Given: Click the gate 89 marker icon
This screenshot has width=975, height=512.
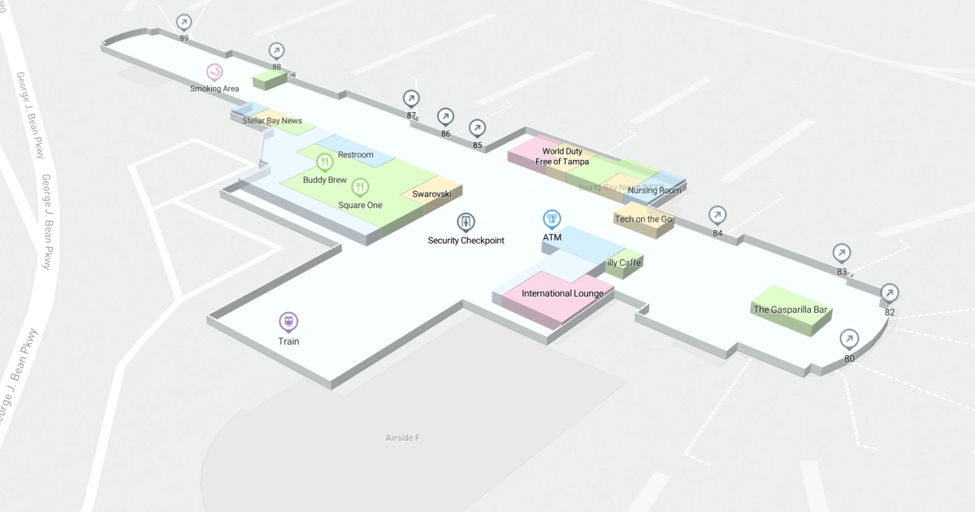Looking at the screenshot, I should pyautogui.click(x=184, y=22).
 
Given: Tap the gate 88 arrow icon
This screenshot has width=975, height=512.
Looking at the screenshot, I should pyautogui.click(x=277, y=50).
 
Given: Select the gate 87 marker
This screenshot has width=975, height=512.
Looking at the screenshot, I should pyautogui.click(x=411, y=98).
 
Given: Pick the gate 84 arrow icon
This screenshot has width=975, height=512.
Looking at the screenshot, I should pyautogui.click(x=717, y=215).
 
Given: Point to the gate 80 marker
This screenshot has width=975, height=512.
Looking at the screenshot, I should pyautogui.click(x=849, y=338).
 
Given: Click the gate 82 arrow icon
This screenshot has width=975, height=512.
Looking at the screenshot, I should pyautogui.click(x=890, y=293).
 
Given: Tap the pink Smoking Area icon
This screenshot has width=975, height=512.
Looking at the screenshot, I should pyautogui.click(x=214, y=72).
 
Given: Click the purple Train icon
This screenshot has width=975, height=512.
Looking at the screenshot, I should pyautogui.click(x=288, y=322).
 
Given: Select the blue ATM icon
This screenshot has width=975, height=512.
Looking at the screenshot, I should pyautogui.click(x=552, y=219).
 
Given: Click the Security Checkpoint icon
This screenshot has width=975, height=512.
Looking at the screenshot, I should pyautogui.click(x=466, y=222).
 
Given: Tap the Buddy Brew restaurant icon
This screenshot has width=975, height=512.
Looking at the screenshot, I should pyautogui.click(x=325, y=162).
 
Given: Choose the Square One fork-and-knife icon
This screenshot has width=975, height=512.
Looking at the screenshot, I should pyautogui.click(x=360, y=188).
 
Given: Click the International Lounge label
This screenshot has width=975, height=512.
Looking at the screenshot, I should pyautogui.click(x=562, y=293).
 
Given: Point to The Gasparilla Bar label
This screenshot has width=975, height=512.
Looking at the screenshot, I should pyautogui.click(x=790, y=310).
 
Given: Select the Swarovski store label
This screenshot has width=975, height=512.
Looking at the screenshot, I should pyautogui.click(x=431, y=194).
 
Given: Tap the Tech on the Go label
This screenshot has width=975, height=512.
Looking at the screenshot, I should pyautogui.click(x=644, y=219).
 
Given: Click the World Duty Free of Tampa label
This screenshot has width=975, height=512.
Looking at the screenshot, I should pyautogui.click(x=562, y=156).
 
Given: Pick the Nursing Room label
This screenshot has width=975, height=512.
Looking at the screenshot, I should pyautogui.click(x=654, y=191).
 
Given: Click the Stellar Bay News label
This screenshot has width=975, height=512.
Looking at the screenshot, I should pyautogui.click(x=272, y=121).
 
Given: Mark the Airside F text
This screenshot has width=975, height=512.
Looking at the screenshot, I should pyautogui.click(x=402, y=438).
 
